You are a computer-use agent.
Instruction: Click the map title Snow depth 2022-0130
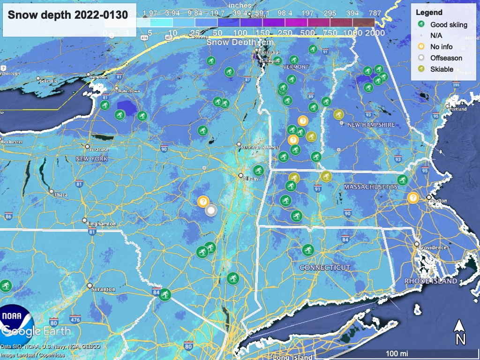[x=68, y=15]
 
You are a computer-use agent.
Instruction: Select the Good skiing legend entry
[x=449, y=24]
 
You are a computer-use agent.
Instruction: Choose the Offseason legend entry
[x=446, y=58]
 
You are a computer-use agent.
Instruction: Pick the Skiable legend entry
[x=442, y=69]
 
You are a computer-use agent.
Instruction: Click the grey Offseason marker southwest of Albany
[x=211, y=210]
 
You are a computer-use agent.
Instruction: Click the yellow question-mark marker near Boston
[x=412, y=197]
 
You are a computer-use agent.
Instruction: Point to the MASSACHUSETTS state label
[x=371, y=187]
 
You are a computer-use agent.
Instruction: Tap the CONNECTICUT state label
[x=325, y=267]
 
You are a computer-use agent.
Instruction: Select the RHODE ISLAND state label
[x=431, y=281]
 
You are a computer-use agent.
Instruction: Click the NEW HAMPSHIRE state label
[x=371, y=125]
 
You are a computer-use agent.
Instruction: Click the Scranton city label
[x=104, y=289]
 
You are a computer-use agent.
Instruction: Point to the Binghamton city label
[x=101, y=224]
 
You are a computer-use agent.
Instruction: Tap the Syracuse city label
[x=98, y=150]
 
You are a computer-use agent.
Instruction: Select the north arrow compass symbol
[x=460, y=332]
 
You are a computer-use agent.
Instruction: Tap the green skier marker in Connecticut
[x=307, y=249]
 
